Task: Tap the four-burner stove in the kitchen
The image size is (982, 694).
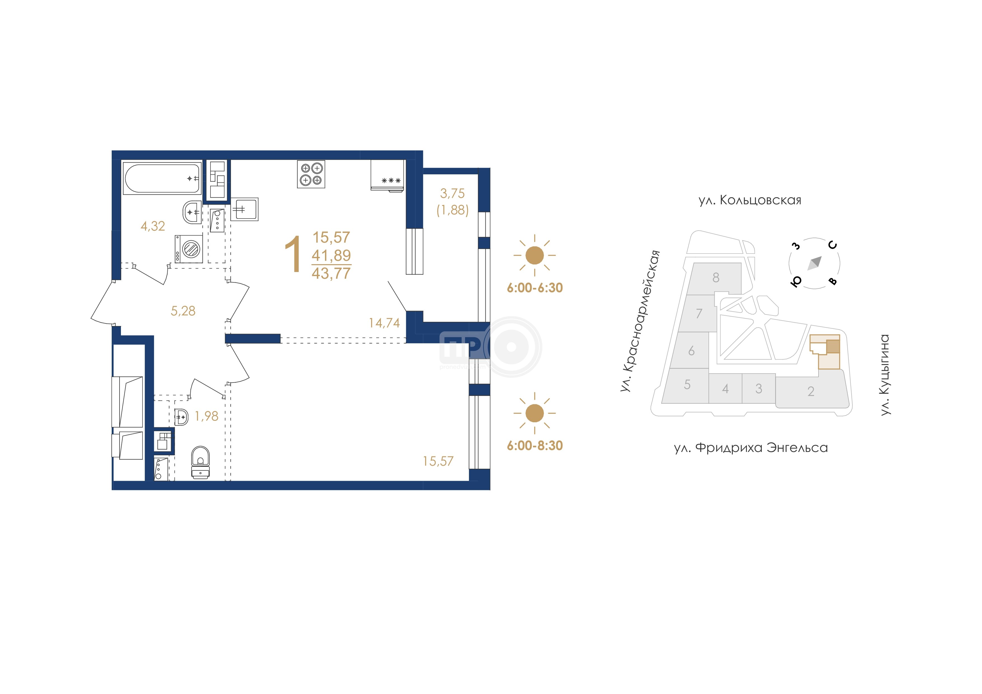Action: pos(311,174)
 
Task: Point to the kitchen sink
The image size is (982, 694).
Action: pos(244,209)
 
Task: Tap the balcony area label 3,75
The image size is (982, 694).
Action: pos(452,193)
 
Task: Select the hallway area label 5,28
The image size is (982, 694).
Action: pos(183,311)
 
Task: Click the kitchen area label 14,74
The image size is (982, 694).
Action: pos(384,323)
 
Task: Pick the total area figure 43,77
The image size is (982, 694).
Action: pos(331,273)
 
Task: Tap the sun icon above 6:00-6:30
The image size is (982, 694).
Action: pos(534,255)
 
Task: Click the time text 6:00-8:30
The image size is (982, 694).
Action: pos(535,446)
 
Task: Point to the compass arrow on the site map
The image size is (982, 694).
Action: pos(814,263)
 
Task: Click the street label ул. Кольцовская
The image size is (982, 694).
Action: pos(750,200)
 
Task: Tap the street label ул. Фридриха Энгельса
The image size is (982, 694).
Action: pos(750,448)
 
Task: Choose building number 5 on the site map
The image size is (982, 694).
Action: pos(687,384)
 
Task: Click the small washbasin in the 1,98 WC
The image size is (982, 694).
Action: pos(181,416)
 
